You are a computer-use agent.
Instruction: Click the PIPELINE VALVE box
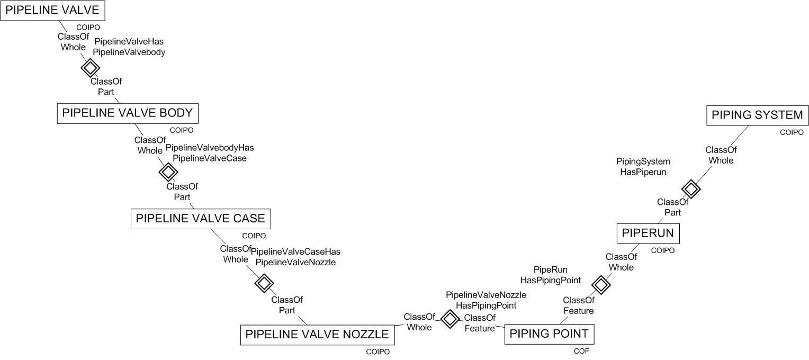tap(52, 10)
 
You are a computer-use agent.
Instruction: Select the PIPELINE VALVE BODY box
tap(127, 113)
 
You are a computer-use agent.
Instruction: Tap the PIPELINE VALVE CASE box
tap(201, 219)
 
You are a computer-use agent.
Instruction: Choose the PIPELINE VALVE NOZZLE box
tap(317, 335)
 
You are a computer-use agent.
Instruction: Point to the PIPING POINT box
tap(549, 335)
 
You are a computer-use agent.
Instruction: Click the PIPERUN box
tap(648, 233)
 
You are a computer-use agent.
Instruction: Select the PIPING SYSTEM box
tap(757, 115)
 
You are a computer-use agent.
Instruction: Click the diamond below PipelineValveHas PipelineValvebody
tap(90, 67)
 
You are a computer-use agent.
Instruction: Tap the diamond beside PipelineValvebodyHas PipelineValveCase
tap(168, 172)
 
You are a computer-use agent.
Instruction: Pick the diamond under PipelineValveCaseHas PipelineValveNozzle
tap(264, 283)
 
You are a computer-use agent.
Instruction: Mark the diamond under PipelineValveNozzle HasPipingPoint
tap(450, 319)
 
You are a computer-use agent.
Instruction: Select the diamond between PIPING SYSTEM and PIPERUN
tap(690, 188)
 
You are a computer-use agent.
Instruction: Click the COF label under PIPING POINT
tap(581, 351)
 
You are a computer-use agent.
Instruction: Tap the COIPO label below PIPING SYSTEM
tap(792, 132)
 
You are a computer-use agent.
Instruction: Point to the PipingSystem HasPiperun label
tap(643, 166)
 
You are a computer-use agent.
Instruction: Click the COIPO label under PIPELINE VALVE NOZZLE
tap(377, 352)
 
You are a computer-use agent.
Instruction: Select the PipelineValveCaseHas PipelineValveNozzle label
tap(295, 257)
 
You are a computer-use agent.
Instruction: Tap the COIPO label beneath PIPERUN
tap(663, 250)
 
